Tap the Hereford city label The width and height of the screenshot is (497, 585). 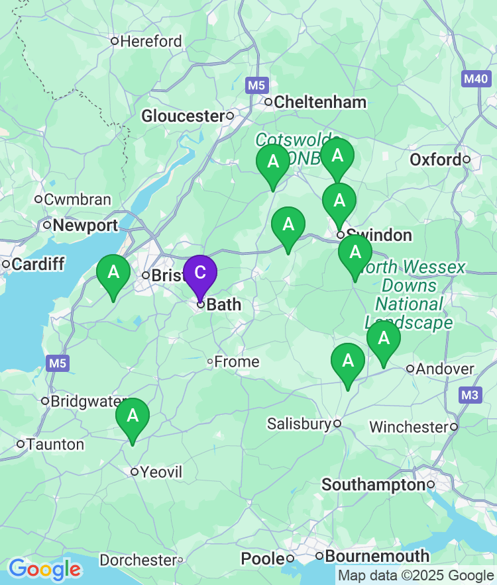click(x=151, y=41)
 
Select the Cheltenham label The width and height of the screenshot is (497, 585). click(x=320, y=102)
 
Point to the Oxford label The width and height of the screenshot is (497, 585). click(x=435, y=159)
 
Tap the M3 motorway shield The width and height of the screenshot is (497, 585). click(x=470, y=395)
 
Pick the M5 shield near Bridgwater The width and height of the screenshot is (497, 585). click(x=57, y=363)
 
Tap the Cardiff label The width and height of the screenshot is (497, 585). click(x=38, y=265)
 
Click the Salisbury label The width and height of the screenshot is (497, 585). click(x=298, y=424)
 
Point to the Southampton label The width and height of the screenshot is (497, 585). click(x=373, y=485)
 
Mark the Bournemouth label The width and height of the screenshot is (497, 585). click(x=377, y=556)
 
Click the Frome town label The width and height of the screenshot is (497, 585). click(x=237, y=362)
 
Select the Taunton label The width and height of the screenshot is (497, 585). click(x=55, y=444)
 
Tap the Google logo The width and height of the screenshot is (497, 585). click(x=44, y=568)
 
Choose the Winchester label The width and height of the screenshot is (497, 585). click(x=408, y=427)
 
